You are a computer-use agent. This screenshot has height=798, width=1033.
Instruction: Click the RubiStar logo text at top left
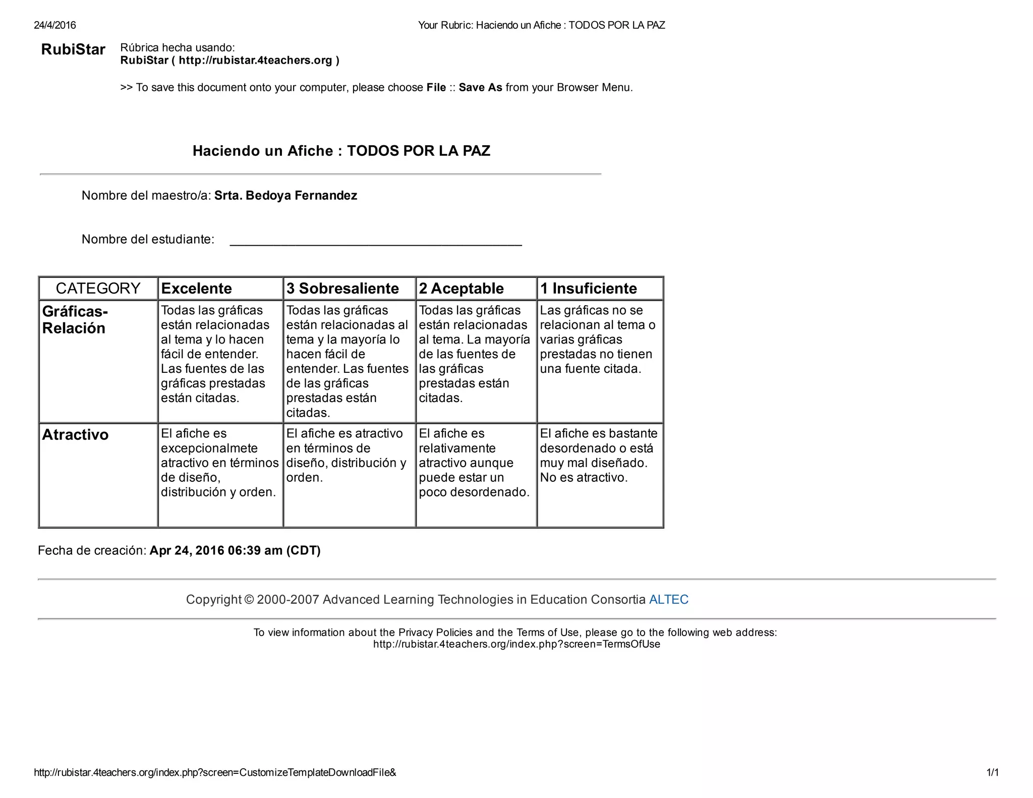[73, 49]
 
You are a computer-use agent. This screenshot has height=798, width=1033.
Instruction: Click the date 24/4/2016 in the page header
[55, 25]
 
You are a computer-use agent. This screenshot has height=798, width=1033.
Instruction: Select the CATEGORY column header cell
[98, 289]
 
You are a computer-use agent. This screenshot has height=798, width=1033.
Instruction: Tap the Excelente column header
[196, 289]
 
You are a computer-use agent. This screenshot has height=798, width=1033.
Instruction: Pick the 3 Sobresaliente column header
[342, 289]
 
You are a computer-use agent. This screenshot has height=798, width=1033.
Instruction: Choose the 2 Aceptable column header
[461, 289]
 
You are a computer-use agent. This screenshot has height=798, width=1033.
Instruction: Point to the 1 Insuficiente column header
[589, 289]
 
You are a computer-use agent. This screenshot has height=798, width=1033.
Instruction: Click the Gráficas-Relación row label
[75, 320]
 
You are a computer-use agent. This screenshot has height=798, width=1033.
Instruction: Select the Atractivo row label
[75, 435]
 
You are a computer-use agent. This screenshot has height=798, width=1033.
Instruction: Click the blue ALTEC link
[668, 600]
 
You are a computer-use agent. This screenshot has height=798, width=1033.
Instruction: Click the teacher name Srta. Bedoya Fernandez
[285, 196]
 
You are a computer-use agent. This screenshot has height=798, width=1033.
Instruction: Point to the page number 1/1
[992, 772]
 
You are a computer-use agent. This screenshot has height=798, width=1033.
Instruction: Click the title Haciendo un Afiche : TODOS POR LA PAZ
[341, 151]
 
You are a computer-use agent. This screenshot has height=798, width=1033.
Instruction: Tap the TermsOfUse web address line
[516, 644]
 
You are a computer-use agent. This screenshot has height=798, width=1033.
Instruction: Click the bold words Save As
[480, 88]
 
